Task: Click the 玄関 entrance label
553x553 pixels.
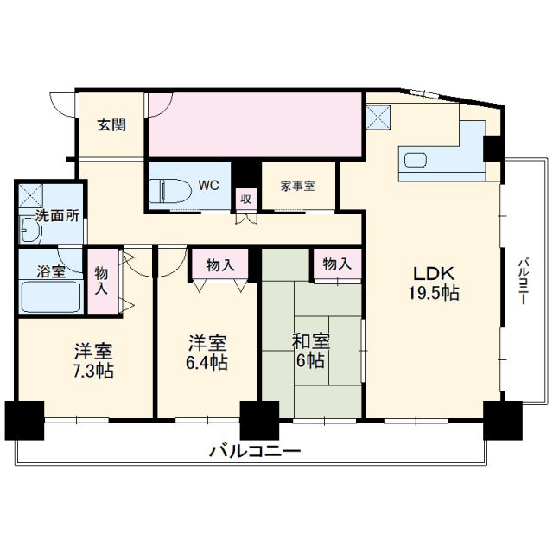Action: tap(111, 124)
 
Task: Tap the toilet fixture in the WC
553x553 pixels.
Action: tap(164, 190)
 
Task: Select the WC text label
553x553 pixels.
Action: tap(208, 185)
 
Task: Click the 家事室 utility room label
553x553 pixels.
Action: tap(297, 185)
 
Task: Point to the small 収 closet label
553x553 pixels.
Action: tap(246, 198)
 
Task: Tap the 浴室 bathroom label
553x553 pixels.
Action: tap(49, 271)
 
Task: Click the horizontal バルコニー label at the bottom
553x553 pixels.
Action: tap(254, 451)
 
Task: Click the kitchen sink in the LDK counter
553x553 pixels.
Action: tap(416, 161)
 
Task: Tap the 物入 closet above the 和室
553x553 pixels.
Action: tap(337, 264)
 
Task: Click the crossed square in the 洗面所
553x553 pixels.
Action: tap(31, 195)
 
